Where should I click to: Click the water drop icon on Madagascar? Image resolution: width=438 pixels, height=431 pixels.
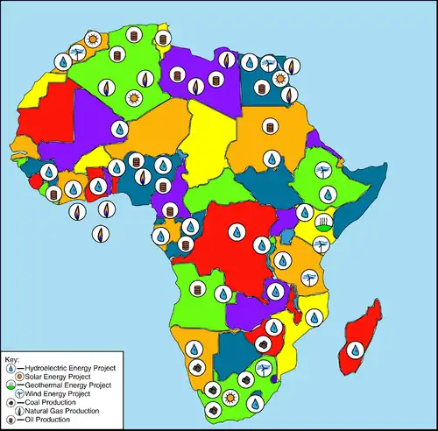tap(354, 349)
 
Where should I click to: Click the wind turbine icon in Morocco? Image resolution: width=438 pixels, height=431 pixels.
tap(76, 54)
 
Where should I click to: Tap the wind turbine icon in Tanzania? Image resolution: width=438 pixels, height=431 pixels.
tap(308, 279)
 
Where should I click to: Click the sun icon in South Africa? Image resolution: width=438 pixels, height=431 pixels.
tap(230, 397)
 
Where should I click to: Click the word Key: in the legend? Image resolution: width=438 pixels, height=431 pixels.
tap(12, 359)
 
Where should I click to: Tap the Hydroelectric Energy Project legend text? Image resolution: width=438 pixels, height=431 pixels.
tap(69, 368)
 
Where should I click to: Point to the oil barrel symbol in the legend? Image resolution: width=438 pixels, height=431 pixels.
tap(10, 419)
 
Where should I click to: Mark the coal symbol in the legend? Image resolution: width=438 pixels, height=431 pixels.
tap(10, 402)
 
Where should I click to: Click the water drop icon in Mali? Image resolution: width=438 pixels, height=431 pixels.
tap(119, 129)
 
